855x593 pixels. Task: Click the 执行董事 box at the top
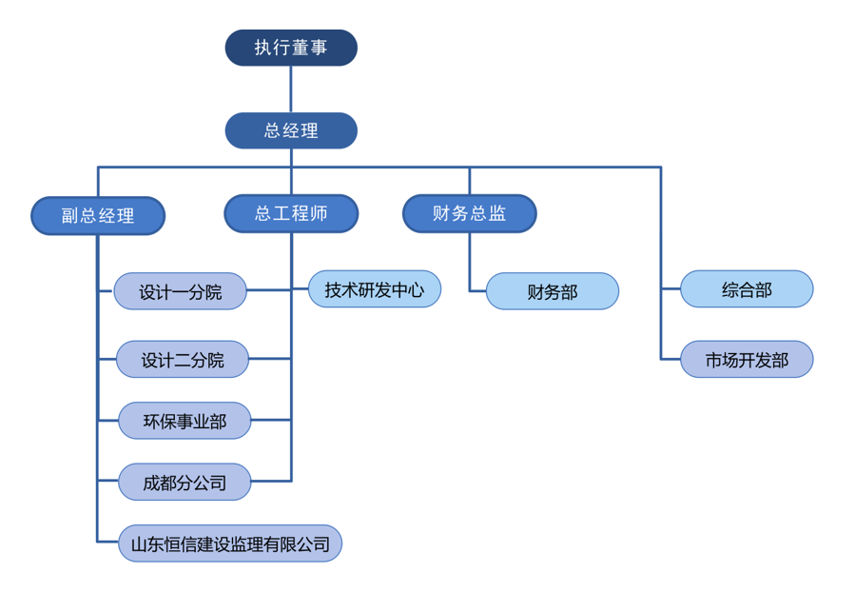(291, 48)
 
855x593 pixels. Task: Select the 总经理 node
(291, 130)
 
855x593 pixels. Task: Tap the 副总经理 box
(98, 216)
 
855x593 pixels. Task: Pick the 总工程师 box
(291, 214)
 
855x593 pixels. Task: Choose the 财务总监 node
(470, 214)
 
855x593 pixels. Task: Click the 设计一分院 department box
(181, 291)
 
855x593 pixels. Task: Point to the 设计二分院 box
(183, 360)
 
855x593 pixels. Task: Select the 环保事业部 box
(185, 421)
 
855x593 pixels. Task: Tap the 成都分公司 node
(185, 483)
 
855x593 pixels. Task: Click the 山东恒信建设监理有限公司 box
(229, 544)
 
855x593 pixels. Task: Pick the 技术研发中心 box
(375, 288)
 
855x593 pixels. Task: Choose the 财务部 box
(553, 291)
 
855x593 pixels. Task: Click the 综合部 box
(747, 289)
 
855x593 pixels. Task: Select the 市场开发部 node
(747, 360)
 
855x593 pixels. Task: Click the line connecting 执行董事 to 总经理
(291, 89)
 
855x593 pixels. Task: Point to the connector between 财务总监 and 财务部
(470, 262)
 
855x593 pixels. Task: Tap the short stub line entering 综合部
(670, 288)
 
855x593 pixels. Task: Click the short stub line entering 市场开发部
(670, 359)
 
